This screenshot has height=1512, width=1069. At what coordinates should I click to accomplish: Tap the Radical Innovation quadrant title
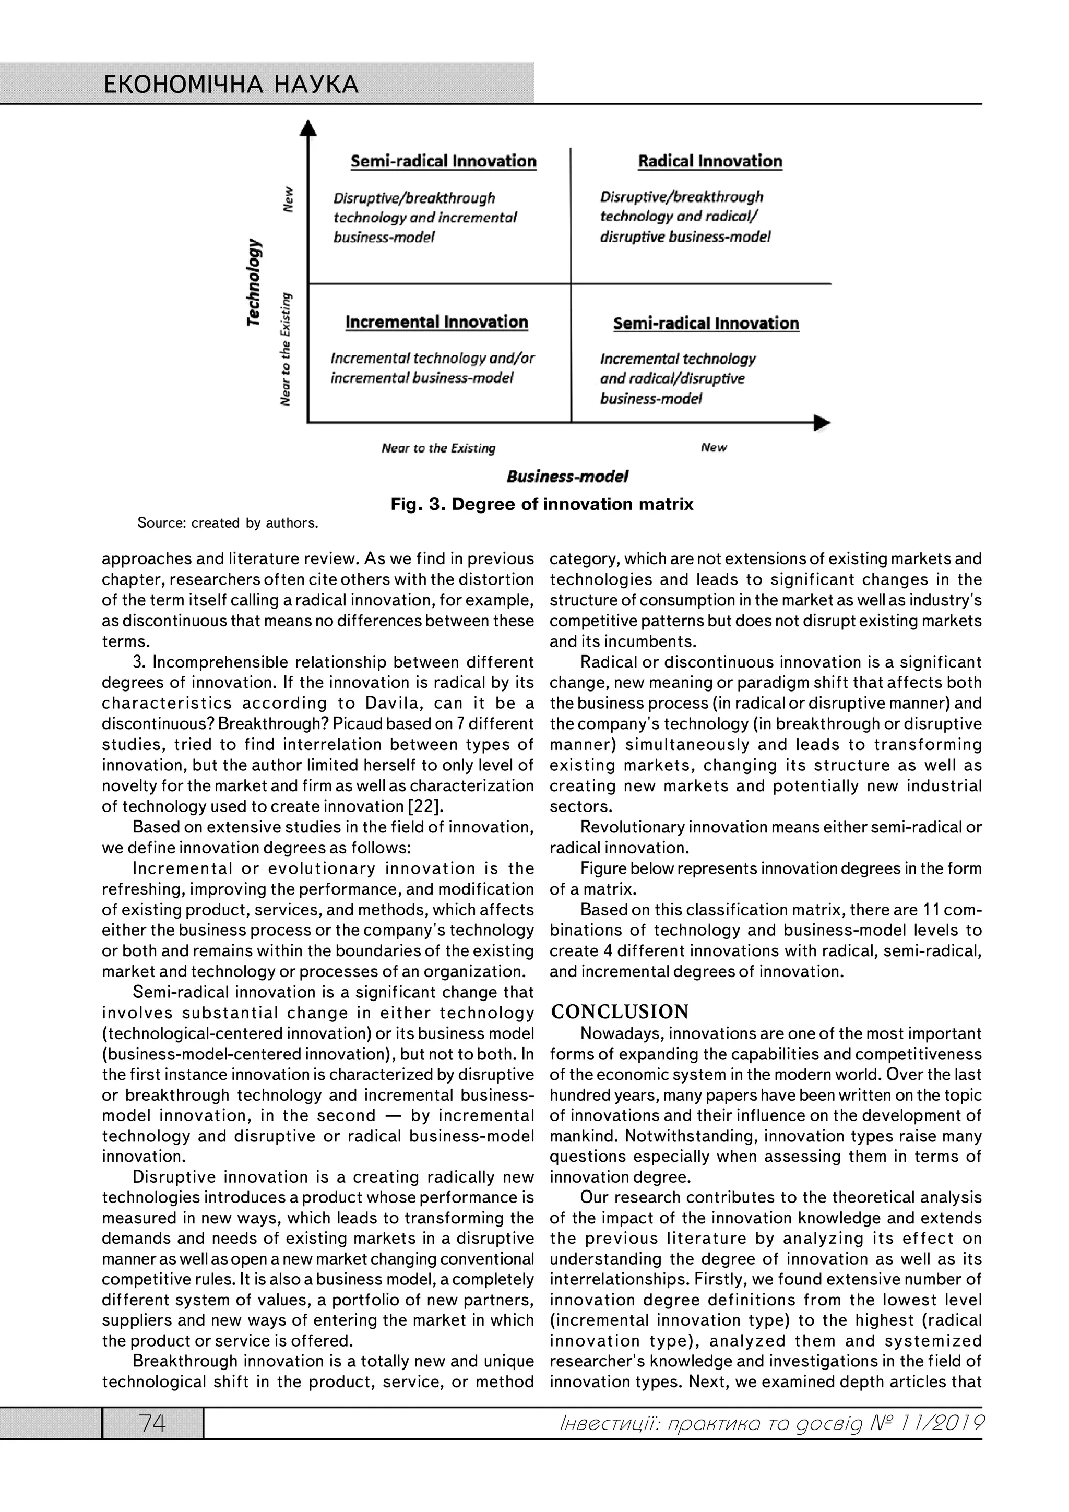click(709, 161)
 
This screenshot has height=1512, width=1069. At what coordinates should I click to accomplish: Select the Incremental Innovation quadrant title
click(437, 322)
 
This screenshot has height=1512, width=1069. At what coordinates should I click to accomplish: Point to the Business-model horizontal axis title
click(566, 476)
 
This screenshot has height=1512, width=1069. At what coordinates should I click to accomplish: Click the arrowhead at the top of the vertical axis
click(307, 127)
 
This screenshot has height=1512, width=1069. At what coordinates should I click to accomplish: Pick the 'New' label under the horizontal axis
click(714, 448)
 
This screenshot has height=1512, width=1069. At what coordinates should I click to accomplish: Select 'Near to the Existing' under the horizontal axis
click(438, 448)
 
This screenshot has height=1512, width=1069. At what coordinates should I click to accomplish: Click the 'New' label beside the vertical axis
click(287, 198)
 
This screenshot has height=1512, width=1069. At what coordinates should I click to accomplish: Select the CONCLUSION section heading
click(620, 1011)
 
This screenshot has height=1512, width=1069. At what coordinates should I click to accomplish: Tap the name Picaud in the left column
click(355, 724)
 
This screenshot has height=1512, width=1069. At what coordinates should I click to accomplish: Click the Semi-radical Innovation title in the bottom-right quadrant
click(705, 324)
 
